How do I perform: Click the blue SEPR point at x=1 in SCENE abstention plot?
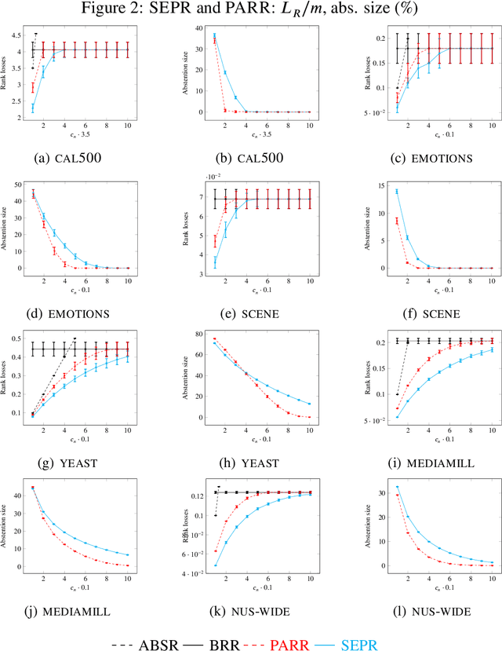point(397,192)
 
